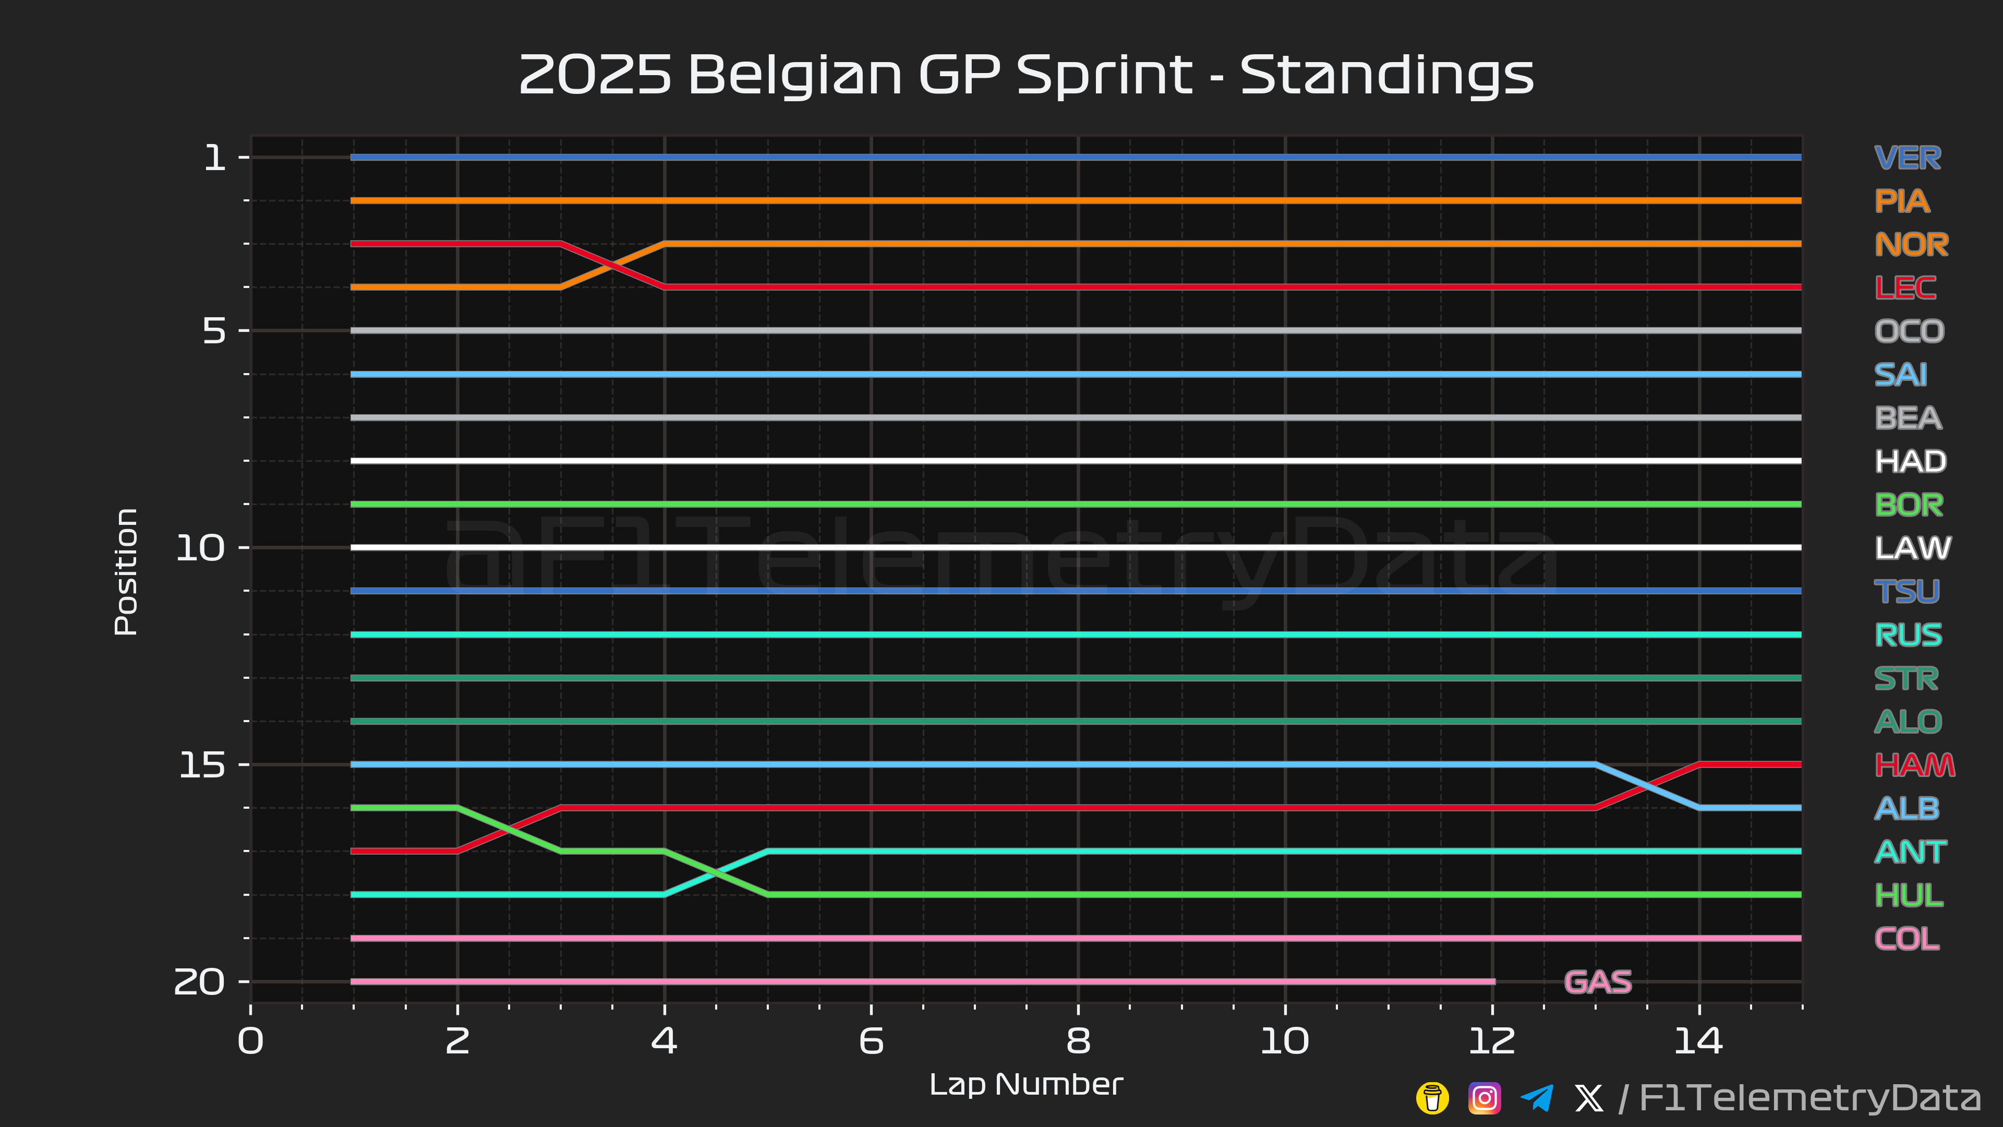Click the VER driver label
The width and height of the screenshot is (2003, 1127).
(x=1908, y=158)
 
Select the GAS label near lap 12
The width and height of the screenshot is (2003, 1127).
(x=1597, y=981)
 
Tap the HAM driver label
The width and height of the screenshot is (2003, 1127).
(x=1914, y=765)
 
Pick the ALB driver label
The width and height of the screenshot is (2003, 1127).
(x=1907, y=809)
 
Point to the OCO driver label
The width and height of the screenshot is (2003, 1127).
(x=1909, y=331)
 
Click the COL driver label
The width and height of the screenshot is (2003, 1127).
(x=1907, y=939)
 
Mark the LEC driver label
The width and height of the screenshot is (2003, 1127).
(x=1905, y=288)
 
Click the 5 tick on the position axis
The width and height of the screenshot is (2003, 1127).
(x=214, y=331)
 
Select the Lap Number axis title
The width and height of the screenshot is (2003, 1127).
(x=1025, y=1084)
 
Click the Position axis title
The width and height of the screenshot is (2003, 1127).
(x=126, y=572)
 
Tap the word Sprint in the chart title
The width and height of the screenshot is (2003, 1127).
(x=1104, y=76)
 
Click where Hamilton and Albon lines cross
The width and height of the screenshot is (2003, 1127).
(x=1647, y=786)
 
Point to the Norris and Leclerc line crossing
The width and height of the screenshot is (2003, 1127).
(x=612, y=265)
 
